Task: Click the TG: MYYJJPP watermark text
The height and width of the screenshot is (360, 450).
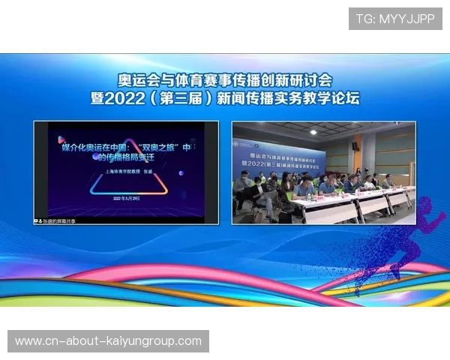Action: [x=395, y=19]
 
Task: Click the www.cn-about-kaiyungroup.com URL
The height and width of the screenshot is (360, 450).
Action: [x=108, y=341]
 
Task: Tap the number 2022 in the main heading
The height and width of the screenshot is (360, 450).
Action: [x=160, y=97]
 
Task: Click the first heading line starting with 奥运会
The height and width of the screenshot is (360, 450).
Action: [x=225, y=79]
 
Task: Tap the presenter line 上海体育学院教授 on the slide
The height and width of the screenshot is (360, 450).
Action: [x=116, y=171]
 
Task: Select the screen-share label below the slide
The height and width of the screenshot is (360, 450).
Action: [x=56, y=221]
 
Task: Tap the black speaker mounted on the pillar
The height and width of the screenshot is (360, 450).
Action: [x=355, y=146]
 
